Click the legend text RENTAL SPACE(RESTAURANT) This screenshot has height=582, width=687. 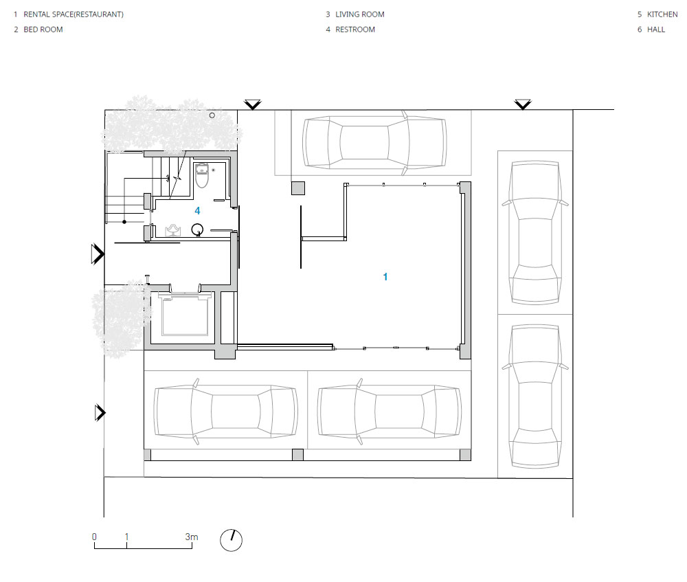click(74, 14)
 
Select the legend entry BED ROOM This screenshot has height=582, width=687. click(43, 30)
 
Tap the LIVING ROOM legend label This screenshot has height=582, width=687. click(360, 14)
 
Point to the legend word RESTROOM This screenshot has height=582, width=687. click(355, 30)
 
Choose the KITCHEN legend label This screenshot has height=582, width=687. click(662, 14)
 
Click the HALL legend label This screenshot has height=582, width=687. click(656, 30)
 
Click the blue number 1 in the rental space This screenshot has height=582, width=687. click(385, 276)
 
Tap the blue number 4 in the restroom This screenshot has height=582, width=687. click(198, 211)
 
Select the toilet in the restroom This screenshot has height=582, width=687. click(201, 175)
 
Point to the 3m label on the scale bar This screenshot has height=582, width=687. click(192, 537)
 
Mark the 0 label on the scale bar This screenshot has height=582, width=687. click(94, 537)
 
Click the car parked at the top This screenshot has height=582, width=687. click(375, 142)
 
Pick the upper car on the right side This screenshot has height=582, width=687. click(535, 232)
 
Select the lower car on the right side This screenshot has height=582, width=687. click(535, 396)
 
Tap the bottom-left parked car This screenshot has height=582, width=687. click(225, 412)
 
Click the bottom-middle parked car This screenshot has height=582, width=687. click(390, 412)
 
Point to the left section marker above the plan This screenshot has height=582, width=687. click(253, 104)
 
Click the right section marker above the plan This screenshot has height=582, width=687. click(523, 104)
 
